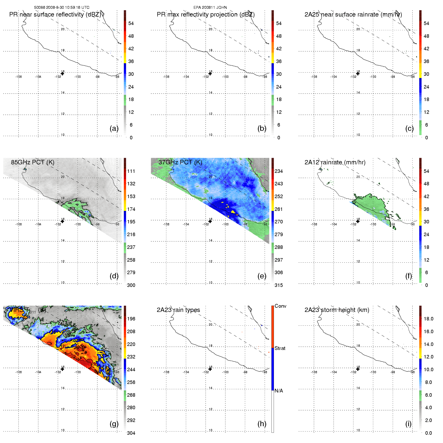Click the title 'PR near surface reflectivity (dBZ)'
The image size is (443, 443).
point(55,15)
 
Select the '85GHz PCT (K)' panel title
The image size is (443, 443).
point(33,162)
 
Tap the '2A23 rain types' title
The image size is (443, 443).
point(178,310)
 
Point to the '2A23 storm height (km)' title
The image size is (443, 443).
point(337,310)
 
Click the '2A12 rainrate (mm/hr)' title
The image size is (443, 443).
point(335,162)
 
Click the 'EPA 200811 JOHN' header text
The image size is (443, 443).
point(210,8)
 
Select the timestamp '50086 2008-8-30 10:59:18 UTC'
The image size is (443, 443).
point(62,8)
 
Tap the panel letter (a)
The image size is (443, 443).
point(114,128)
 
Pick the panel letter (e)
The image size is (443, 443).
point(262,276)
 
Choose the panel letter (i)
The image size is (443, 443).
point(408,424)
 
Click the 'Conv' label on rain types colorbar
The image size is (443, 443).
point(280,306)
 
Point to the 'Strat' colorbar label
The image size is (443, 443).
point(280,348)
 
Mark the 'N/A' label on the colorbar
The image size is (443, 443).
point(279,391)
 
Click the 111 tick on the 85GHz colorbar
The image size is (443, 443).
point(131,171)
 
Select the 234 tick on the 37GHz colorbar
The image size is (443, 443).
point(279,171)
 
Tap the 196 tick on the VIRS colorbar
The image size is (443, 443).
point(131,319)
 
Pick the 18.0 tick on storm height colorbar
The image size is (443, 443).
point(428,319)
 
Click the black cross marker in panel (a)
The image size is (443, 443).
point(63,74)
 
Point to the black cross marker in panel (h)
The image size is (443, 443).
point(210,369)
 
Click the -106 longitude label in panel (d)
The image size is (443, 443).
point(19,224)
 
